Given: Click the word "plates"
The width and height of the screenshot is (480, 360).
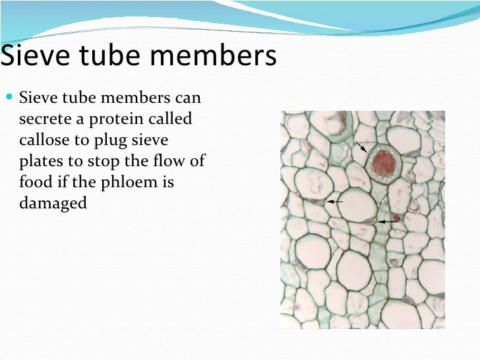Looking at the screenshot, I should tap(40, 162).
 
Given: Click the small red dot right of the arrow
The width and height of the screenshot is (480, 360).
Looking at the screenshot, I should tap(397, 217).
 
